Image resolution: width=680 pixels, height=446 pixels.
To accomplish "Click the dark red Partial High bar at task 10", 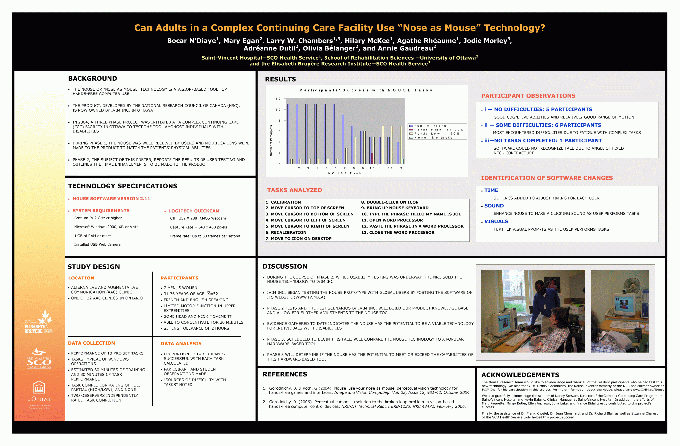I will tap(372, 158).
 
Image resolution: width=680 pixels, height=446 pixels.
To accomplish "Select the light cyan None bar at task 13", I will tap(403, 161).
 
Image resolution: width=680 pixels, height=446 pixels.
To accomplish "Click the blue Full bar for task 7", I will tap(343, 139).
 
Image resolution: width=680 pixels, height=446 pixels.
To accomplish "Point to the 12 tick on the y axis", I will tap(278, 99).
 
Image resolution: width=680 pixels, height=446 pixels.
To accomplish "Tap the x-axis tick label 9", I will tap(363, 168).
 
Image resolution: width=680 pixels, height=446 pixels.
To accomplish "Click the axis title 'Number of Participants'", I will tap(271, 140).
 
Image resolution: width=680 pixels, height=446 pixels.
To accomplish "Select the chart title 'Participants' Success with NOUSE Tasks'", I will tap(366, 90).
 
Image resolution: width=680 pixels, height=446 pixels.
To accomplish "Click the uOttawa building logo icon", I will tap(39, 387).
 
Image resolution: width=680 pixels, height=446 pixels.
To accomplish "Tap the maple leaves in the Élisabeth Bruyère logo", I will tap(45, 317).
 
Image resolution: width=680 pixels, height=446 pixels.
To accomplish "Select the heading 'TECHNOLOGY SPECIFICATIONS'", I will tap(123, 186).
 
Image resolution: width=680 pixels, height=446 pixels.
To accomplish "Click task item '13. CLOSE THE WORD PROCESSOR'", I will tap(398, 233).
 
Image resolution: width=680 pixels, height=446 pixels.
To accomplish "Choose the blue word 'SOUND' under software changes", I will tap(494, 206).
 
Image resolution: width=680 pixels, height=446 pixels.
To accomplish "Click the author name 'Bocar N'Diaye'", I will tap(192, 41).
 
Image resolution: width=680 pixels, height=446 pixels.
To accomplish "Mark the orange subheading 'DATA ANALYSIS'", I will tap(181, 344).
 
